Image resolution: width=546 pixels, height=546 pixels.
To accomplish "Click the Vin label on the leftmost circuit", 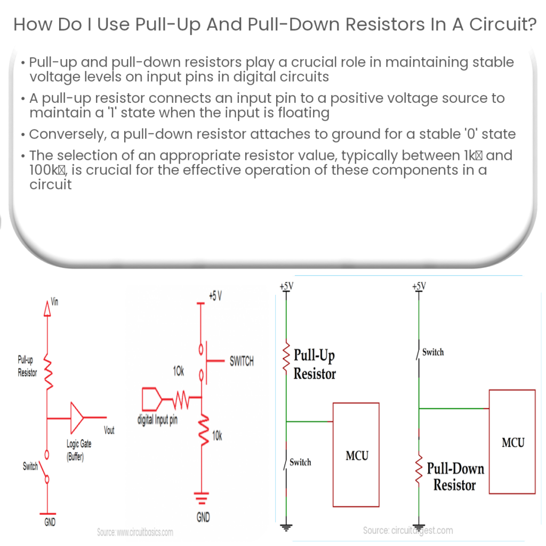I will [x=54, y=302].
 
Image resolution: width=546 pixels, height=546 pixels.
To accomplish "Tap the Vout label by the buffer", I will [x=109, y=430].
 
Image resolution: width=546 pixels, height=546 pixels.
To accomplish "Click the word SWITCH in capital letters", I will [x=242, y=362].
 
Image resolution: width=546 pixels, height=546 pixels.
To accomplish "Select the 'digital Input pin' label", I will [x=157, y=420].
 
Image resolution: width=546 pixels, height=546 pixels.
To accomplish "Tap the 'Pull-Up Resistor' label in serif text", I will [x=315, y=365].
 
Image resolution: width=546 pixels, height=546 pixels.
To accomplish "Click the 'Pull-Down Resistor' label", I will [x=455, y=477].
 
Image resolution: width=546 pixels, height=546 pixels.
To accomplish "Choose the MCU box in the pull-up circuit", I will [x=356, y=454].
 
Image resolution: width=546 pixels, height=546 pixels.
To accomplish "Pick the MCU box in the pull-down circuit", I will [x=512, y=441].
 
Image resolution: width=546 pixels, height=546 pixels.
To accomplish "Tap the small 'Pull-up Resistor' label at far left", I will [x=27, y=367].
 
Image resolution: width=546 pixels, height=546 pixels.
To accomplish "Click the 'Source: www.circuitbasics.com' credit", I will [x=135, y=532].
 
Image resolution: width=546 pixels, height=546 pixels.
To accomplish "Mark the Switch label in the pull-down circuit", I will [x=432, y=352].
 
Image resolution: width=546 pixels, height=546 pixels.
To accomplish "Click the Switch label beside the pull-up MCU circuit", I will [x=300, y=462].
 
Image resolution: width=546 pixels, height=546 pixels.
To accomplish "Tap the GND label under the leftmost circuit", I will [x=49, y=523].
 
